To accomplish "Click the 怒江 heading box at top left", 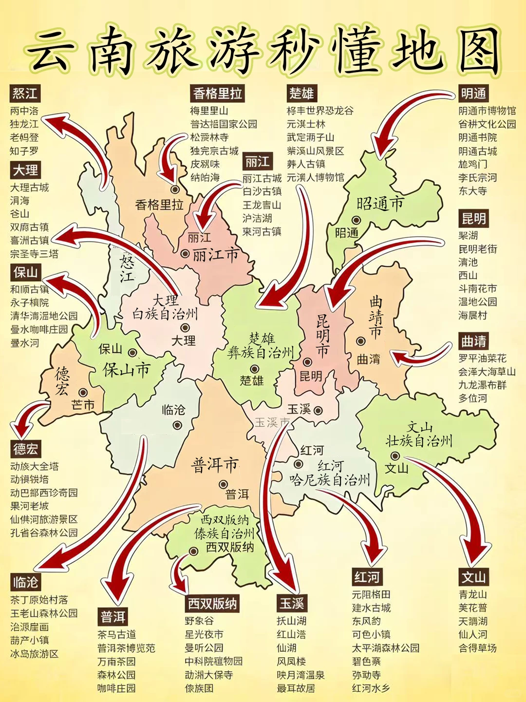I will (x=25, y=94).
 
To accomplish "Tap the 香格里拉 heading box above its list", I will (x=217, y=94).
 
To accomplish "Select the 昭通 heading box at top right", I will (x=473, y=94).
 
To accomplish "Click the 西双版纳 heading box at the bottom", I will (x=213, y=604).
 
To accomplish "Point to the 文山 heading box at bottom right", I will (x=473, y=577).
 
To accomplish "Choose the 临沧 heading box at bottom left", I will (x=25, y=582).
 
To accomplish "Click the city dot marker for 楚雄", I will (x=254, y=369).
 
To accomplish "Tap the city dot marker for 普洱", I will (x=223, y=484).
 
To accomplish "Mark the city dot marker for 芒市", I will (x=84, y=392).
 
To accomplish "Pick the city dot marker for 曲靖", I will (x=360, y=342).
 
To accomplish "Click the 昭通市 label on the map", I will (x=380, y=203).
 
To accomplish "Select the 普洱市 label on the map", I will (x=214, y=465).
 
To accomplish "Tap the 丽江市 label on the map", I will (x=215, y=254).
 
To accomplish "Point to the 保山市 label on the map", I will (x=126, y=370).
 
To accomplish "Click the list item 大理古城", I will (x=30, y=188).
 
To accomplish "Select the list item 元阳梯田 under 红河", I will (x=371, y=595).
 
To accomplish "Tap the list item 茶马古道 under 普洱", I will (x=117, y=635).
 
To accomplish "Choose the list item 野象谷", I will (x=199, y=621).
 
